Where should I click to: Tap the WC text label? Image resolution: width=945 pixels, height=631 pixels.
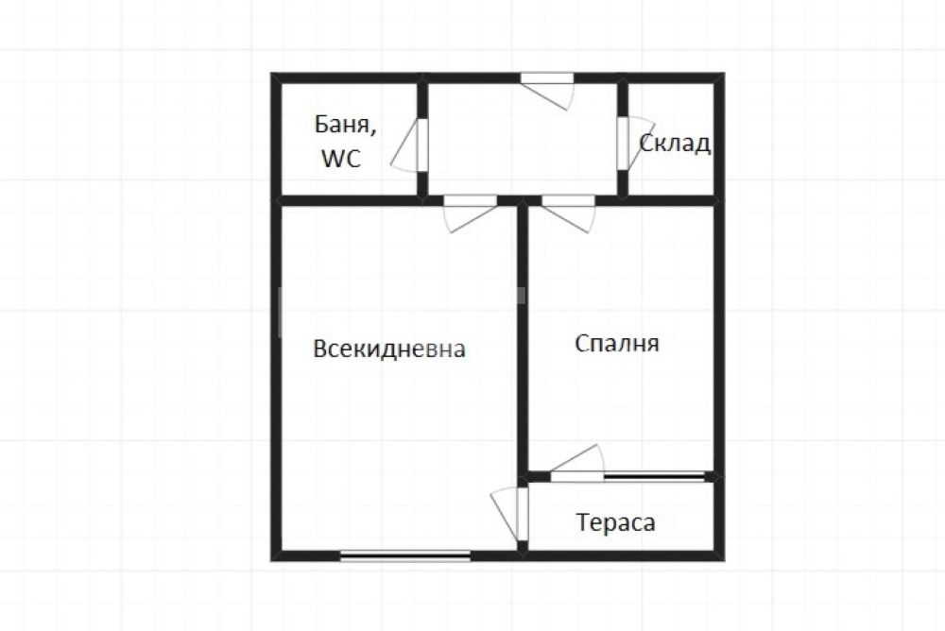(341, 159)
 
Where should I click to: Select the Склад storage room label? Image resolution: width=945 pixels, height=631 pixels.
(675, 144)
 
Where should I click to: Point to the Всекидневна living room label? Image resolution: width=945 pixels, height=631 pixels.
(389, 349)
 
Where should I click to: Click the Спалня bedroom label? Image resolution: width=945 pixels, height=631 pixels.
(617, 343)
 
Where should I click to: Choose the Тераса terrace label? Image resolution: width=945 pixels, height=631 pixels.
(615, 522)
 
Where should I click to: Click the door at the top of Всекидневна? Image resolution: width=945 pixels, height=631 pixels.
(470, 213)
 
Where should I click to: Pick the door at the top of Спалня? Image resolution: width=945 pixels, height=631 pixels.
(568, 213)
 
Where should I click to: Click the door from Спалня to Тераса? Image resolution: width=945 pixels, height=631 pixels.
(576, 464)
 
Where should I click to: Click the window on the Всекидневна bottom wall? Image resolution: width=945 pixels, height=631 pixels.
(405, 555)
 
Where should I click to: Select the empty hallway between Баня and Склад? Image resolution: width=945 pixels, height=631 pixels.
(523, 139)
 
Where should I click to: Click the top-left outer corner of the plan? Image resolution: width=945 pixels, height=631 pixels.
(271, 73)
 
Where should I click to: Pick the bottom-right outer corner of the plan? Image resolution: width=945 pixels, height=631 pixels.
(725, 561)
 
